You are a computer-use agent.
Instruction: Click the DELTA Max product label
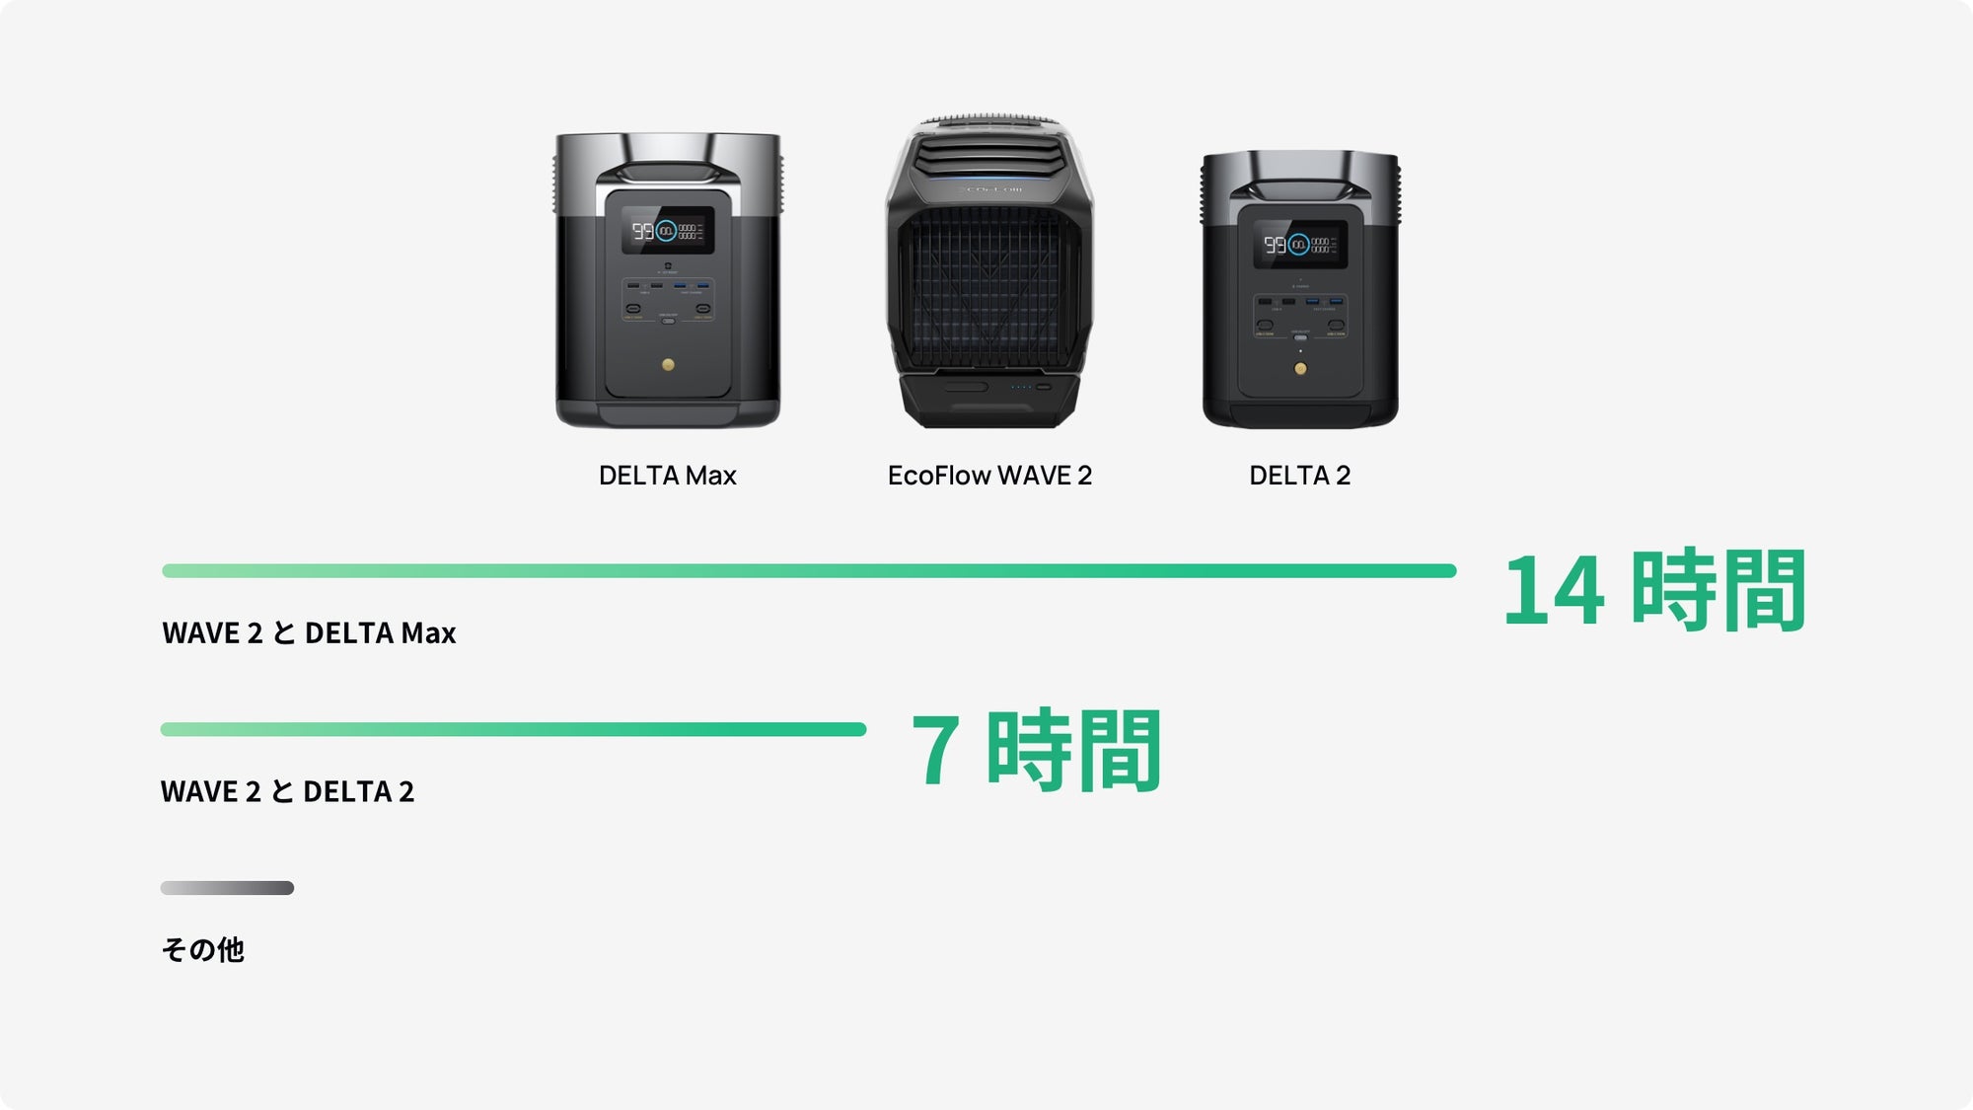click(x=667, y=476)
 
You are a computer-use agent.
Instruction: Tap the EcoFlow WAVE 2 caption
click(x=989, y=476)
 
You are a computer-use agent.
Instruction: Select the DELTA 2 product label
click(x=1299, y=476)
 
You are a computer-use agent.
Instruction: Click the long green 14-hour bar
click(x=809, y=570)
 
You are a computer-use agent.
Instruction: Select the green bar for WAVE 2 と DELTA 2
click(x=513, y=729)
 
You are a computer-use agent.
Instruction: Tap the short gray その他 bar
click(x=227, y=888)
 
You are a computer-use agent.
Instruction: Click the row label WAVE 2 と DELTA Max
click(x=309, y=632)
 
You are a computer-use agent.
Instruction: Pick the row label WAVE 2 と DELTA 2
click(x=287, y=791)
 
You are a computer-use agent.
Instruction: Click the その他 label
click(x=202, y=949)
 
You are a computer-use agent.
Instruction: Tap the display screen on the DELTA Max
click(x=667, y=231)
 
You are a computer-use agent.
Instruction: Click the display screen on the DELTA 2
click(x=1299, y=244)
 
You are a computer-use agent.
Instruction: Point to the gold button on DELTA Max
click(x=668, y=365)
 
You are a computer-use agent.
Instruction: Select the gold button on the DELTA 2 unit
click(x=1300, y=369)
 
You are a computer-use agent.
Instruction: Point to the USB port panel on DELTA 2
click(x=1299, y=314)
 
